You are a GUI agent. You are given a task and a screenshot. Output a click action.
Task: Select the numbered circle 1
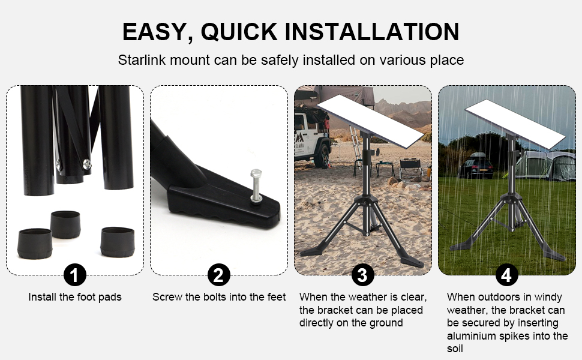pos(74,275)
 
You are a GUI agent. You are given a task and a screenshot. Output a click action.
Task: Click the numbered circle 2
pos(218,275)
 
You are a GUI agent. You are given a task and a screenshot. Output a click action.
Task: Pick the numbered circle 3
pos(362,275)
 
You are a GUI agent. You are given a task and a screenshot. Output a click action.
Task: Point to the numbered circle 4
pos(507,275)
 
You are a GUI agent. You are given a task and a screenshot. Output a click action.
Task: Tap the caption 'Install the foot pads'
pos(75,297)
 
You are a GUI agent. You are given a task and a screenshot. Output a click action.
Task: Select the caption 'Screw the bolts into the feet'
pos(219,297)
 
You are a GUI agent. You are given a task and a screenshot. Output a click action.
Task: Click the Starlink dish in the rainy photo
pos(514,123)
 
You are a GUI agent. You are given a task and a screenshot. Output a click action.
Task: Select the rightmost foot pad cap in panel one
pos(117,241)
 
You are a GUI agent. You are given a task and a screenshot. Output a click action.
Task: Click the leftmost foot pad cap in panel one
pos(35,243)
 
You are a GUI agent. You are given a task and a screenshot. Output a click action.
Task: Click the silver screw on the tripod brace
pos(88,163)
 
